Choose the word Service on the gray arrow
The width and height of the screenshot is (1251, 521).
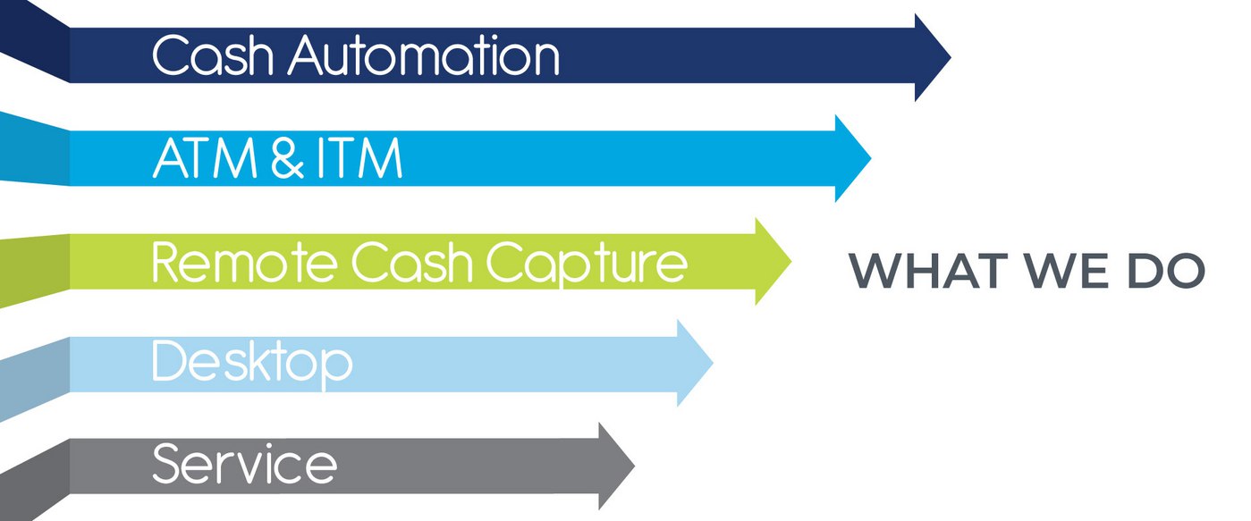[244, 464]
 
